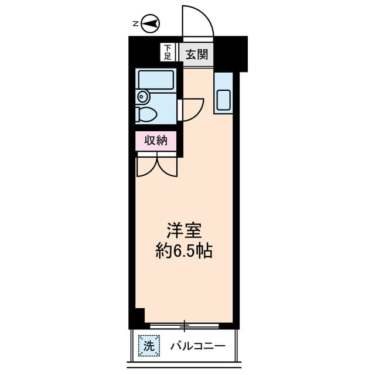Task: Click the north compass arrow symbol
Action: (152, 23)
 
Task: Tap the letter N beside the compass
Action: (135, 24)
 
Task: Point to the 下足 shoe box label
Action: (168, 53)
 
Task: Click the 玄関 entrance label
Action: (196, 55)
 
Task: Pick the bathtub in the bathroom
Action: (156, 80)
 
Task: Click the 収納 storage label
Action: (156, 140)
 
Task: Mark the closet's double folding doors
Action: (156, 165)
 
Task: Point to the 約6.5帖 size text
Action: (183, 251)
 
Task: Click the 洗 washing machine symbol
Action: (148, 346)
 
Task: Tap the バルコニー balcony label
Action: (197, 346)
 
